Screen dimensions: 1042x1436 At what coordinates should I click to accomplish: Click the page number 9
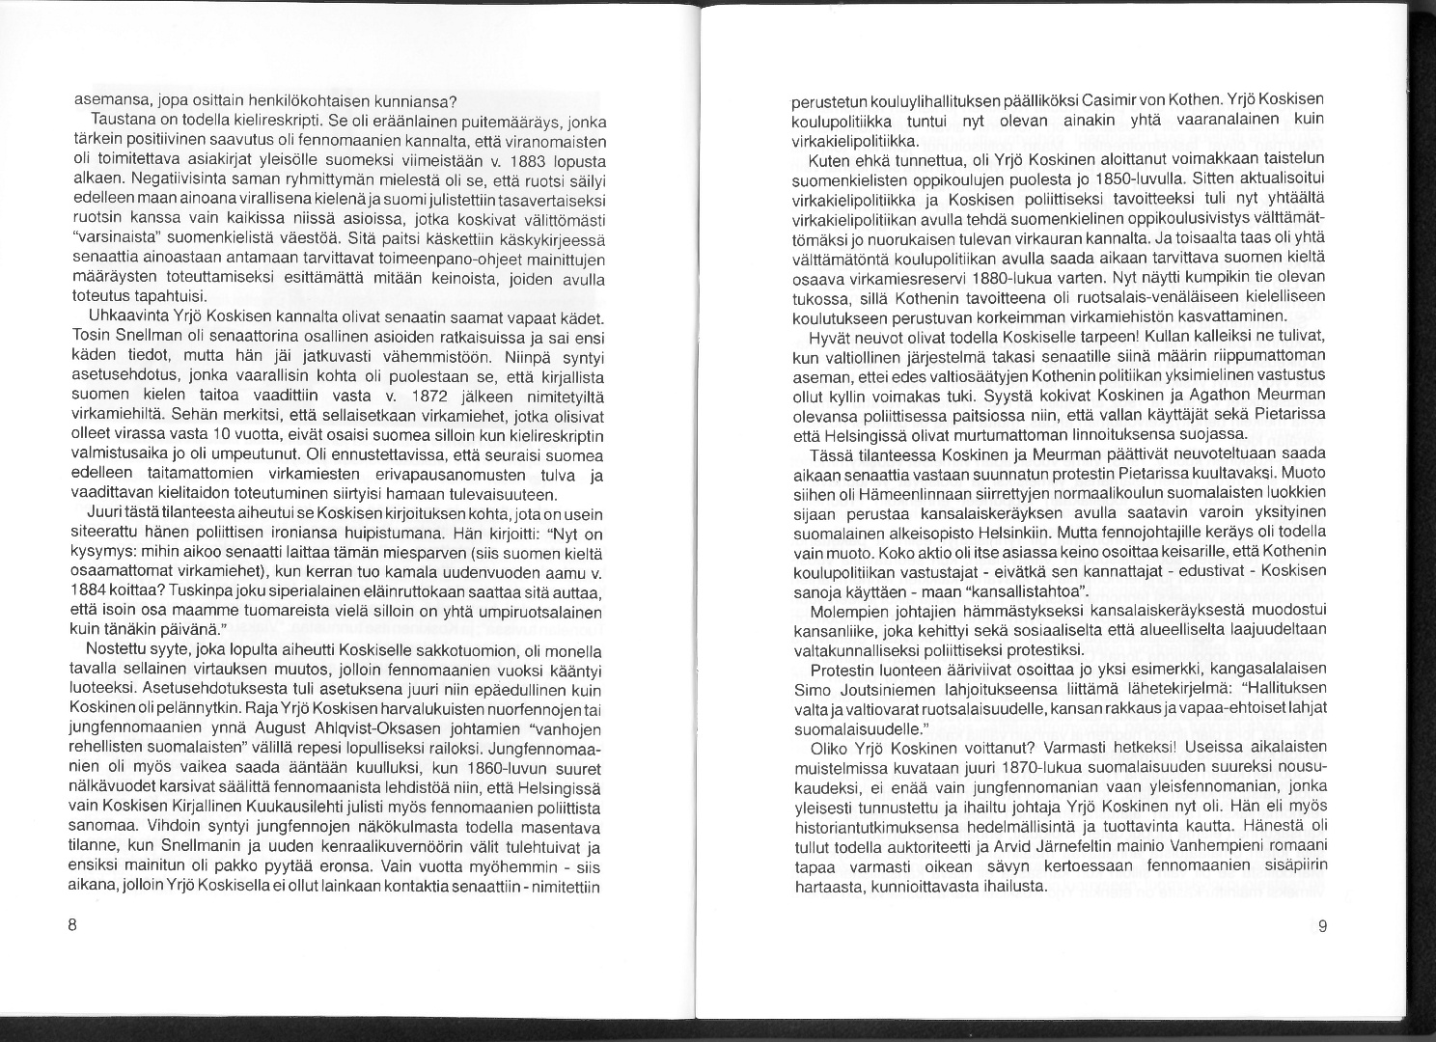(x=1322, y=927)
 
